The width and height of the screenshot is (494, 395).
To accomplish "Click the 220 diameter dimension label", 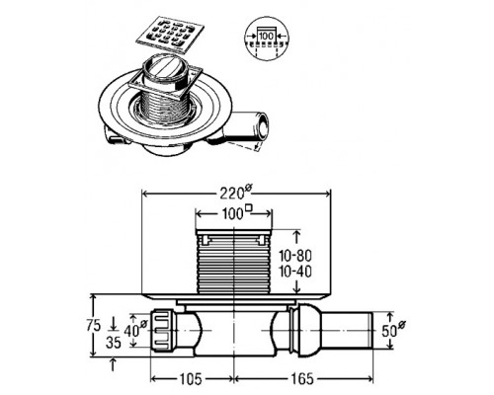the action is (236, 193).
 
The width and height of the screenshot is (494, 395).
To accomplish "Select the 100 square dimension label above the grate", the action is (236, 213).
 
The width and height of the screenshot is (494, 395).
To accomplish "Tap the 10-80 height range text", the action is (295, 256).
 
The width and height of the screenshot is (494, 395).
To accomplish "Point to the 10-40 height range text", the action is (295, 272).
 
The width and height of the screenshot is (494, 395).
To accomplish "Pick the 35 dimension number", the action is (114, 344).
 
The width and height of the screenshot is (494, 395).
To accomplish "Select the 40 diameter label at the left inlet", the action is (135, 330).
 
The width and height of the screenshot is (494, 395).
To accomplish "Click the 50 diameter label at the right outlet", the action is (393, 330).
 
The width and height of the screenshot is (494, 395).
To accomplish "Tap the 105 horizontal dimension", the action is (191, 379).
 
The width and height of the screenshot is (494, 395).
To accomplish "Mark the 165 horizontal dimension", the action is (302, 379).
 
